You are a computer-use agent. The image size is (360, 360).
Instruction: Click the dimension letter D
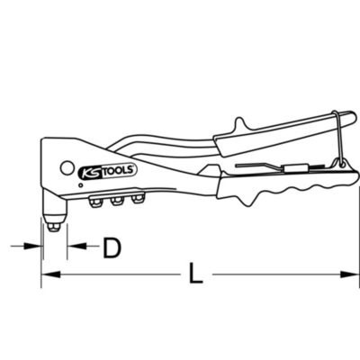click(x=112, y=247)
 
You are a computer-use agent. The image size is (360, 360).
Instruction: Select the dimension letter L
click(x=195, y=274)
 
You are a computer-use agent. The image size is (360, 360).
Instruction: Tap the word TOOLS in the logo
click(x=120, y=170)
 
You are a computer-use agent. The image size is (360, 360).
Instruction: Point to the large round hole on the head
click(x=67, y=168)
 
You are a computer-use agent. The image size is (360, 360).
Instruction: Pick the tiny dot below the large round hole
click(x=80, y=185)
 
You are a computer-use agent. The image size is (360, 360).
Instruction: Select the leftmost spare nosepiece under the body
click(x=95, y=202)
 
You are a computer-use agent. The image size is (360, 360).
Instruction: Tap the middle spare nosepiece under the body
click(x=116, y=201)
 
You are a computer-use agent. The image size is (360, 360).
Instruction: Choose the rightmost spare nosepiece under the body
click(x=137, y=198)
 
